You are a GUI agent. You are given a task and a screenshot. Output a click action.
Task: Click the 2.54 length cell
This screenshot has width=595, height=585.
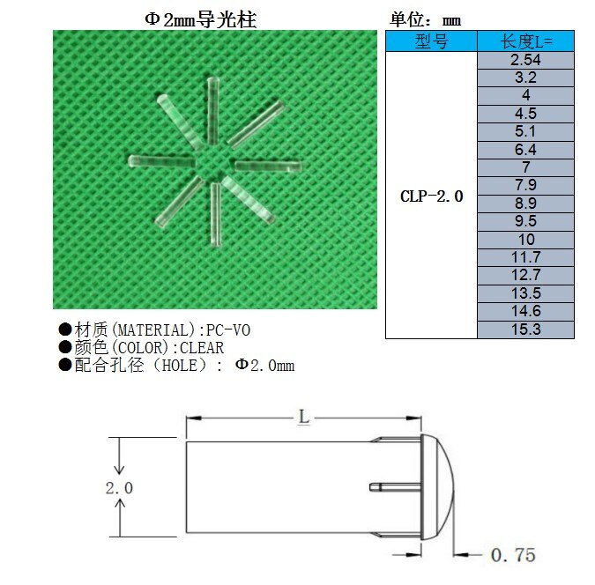tap(525, 60)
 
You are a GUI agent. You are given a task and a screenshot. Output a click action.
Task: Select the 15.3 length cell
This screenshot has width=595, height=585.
tap(525, 330)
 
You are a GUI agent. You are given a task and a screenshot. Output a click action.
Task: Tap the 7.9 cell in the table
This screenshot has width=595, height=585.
tap(525, 186)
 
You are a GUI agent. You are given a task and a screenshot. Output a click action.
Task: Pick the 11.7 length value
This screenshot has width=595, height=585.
tap(525, 257)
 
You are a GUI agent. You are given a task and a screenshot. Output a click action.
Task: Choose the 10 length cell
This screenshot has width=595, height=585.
tap(525, 240)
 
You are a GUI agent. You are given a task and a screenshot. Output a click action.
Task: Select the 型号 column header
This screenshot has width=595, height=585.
tap(431, 41)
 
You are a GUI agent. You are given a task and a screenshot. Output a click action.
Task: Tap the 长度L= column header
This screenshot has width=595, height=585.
tap(525, 41)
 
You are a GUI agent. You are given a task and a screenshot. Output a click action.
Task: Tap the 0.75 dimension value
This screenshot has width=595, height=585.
tap(512, 555)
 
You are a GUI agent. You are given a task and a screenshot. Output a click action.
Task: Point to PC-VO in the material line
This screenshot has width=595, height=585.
tap(228, 330)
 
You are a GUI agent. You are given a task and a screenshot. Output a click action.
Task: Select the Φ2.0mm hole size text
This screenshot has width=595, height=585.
tap(264, 366)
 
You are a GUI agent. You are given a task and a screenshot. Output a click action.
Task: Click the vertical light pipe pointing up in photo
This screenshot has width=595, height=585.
tap(212, 109)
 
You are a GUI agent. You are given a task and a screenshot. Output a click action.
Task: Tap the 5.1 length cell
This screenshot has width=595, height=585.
tap(525, 132)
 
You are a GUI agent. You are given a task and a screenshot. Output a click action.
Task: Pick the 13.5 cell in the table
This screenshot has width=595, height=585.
tap(525, 293)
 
